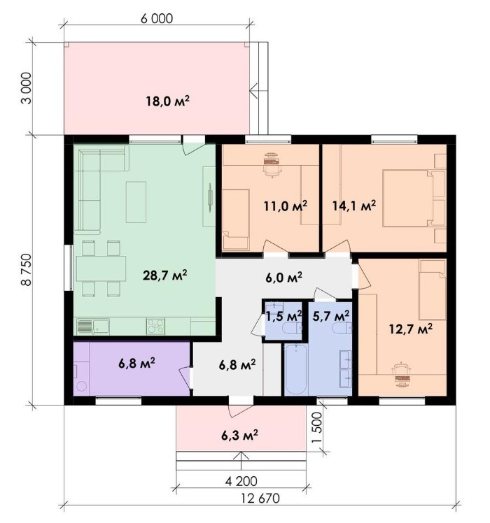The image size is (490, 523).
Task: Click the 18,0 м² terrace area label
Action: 168,101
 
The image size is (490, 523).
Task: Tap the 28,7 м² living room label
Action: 164,275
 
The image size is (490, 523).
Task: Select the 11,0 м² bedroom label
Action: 285,206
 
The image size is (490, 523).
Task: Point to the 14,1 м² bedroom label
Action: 354,206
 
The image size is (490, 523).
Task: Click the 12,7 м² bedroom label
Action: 411,329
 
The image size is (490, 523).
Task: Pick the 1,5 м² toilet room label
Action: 283,315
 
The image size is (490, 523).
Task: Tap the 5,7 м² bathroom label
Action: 331,315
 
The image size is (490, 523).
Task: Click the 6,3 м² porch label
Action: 239,435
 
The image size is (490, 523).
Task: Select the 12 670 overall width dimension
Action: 260,499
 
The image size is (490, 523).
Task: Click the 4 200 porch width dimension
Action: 241,481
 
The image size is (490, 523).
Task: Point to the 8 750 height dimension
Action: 26,269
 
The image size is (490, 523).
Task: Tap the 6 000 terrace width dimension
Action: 157,19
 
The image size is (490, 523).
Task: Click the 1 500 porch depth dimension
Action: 316,428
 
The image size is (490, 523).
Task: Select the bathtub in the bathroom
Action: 296,369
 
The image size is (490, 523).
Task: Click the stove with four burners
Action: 155,327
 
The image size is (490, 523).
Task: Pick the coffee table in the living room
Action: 136,202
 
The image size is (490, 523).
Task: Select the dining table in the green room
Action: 101,268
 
